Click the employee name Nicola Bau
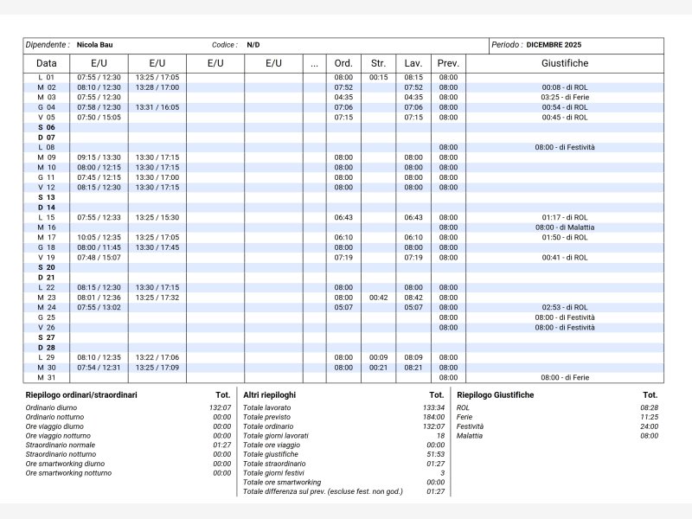pos(94,44)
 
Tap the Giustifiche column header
pos(565,63)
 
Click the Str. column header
pos(378,63)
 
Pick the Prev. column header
pos(448,63)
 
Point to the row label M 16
pos(46,227)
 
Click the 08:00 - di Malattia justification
pos(565,227)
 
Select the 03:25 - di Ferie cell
pos(565,98)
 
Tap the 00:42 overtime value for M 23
pos(378,298)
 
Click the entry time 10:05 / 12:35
pos(99,237)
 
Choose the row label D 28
pos(46,348)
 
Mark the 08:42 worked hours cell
pos(413,298)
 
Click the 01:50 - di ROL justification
pos(565,237)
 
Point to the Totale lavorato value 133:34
pos(434,407)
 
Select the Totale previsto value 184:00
pos(434,417)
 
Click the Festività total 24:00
pos(649,426)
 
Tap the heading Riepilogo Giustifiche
pos(495,395)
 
